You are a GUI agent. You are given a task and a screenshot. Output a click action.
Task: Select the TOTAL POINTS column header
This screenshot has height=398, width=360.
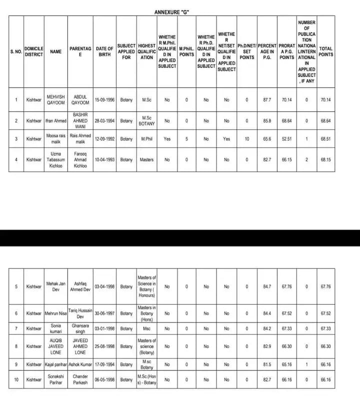[325, 52]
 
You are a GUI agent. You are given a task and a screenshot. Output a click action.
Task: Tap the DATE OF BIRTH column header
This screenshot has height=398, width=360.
[104, 52]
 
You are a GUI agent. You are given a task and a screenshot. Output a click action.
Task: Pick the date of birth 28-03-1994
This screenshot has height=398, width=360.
[104, 120]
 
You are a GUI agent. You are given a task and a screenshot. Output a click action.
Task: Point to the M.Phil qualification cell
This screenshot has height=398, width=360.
[146, 139]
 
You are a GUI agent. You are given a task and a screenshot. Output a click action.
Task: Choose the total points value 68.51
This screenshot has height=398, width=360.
[325, 139]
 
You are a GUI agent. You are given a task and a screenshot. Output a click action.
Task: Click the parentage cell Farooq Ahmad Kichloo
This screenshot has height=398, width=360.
[80, 159]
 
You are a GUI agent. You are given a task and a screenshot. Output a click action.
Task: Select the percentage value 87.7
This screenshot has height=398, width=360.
[267, 99]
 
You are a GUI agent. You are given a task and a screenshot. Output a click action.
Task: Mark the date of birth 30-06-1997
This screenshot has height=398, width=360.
[104, 313]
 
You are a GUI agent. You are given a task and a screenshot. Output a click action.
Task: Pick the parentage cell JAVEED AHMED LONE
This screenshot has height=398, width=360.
[80, 346]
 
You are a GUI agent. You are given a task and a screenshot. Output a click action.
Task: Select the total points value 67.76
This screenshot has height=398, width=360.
[325, 286]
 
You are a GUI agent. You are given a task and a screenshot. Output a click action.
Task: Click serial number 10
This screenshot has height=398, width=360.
[16, 379]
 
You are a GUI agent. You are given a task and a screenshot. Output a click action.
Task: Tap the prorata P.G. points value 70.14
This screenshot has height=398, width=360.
[286, 99]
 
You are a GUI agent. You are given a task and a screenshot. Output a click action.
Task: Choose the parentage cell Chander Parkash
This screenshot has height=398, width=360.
[80, 379]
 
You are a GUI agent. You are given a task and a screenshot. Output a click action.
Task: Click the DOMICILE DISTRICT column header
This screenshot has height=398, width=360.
[34, 52]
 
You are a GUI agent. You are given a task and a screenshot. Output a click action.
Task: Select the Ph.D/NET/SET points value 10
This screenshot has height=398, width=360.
[246, 139]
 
